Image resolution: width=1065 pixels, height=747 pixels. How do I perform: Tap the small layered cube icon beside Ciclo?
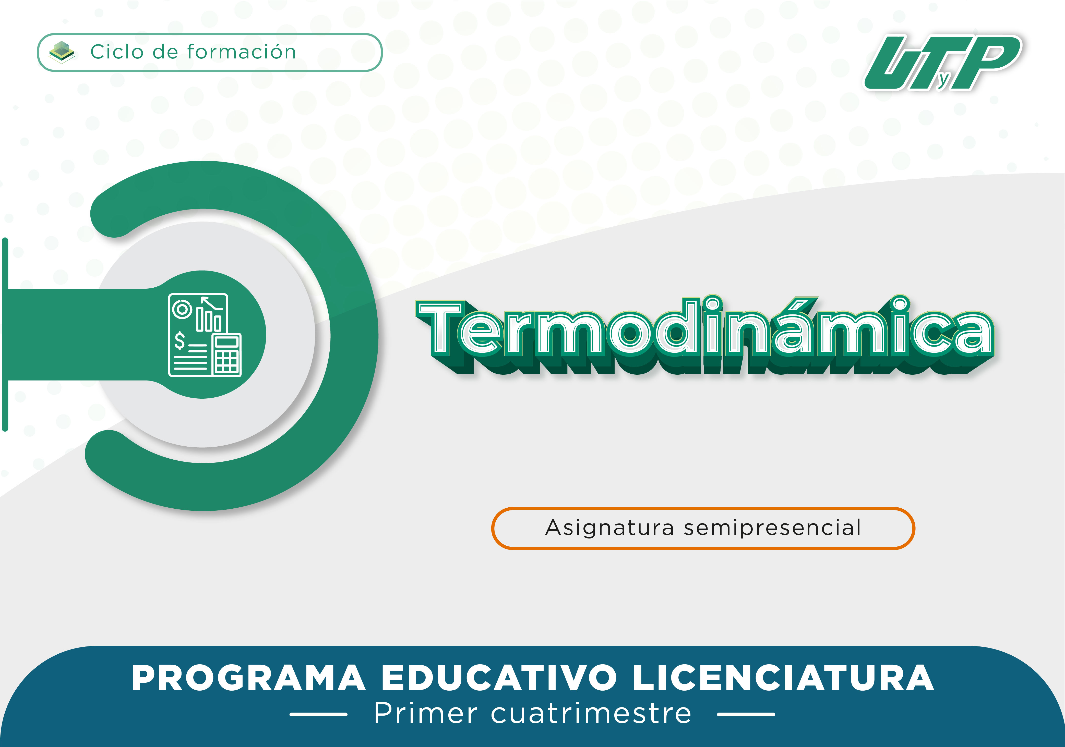pyautogui.click(x=62, y=52)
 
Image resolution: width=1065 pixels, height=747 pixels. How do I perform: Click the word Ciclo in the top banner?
pyautogui.click(x=117, y=52)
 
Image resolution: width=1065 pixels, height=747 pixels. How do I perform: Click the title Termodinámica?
pyautogui.click(x=705, y=334)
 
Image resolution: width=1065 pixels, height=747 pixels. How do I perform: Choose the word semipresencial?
pyautogui.click(x=773, y=528)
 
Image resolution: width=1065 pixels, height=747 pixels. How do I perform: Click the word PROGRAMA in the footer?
pyautogui.click(x=249, y=678)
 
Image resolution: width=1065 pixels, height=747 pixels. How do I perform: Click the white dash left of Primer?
pyautogui.click(x=319, y=715)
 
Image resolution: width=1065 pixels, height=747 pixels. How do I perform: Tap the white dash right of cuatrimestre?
pyautogui.click(x=746, y=715)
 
